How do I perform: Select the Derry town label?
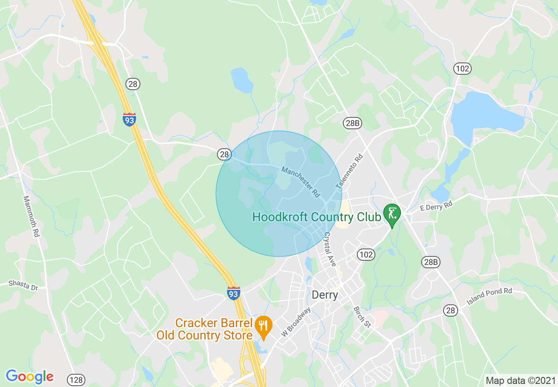[x=324, y=295]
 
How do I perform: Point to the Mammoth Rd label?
[x=30, y=217]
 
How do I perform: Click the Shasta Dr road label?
[x=24, y=285]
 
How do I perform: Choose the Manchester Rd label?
[x=301, y=182]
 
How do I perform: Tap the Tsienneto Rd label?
[x=350, y=172]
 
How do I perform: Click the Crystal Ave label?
[x=330, y=249]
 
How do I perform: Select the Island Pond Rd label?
[x=489, y=298]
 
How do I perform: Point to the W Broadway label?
[x=296, y=322]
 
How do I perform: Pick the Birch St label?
[x=361, y=317]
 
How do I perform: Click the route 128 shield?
[x=76, y=380]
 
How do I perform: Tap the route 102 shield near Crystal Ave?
[x=366, y=255]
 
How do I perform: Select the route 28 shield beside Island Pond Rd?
[x=450, y=310]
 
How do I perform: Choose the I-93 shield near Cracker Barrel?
[x=234, y=293]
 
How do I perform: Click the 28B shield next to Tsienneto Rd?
[x=352, y=123]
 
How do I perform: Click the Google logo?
[x=29, y=376]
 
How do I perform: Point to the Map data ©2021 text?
[x=520, y=380]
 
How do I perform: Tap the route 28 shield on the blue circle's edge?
[x=224, y=154]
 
